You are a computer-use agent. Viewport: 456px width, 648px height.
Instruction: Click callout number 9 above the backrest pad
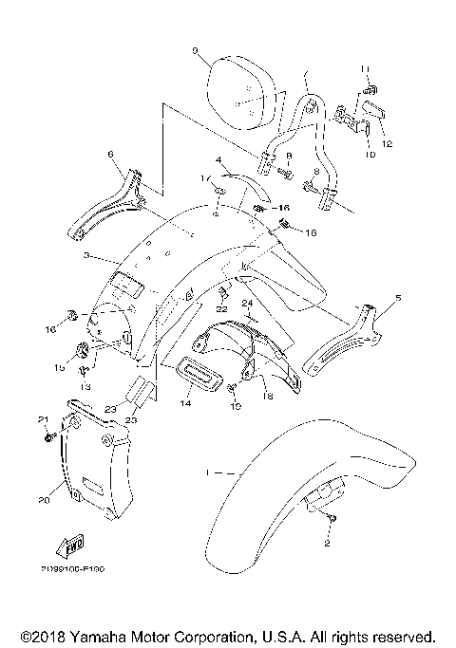(194, 49)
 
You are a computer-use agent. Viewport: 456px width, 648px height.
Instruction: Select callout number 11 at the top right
(364, 66)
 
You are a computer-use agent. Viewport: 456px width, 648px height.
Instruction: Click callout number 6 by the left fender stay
(110, 153)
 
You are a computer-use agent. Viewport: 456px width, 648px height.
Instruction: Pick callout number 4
(218, 160)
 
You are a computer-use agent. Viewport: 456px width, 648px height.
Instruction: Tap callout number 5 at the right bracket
(398, 298)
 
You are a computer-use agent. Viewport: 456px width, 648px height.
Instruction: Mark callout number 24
(245, 305)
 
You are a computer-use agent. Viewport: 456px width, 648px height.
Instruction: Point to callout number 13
(83, 387)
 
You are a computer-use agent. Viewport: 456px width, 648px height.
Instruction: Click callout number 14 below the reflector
(184, 403)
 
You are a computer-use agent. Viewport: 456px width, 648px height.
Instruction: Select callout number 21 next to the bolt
(42, 420)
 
